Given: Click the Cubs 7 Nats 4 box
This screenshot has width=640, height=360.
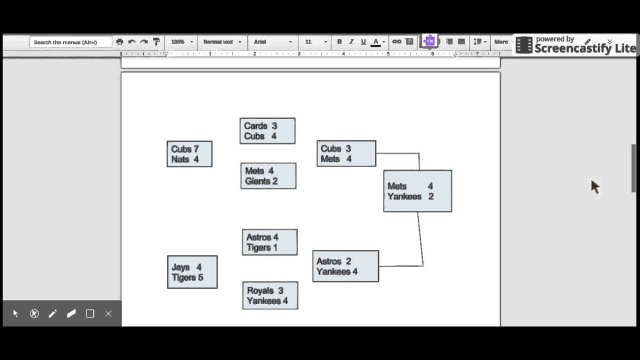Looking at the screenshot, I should point(189,154).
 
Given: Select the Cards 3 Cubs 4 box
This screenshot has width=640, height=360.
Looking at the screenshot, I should point(267,131).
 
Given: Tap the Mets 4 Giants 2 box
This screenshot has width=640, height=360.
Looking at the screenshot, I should point(268,176).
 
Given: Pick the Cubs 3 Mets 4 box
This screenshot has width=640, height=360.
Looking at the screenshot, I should point(346,153).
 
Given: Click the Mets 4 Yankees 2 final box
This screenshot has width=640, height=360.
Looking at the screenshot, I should point(417,191).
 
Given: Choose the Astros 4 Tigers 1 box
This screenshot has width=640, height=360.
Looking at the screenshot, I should point(269,242).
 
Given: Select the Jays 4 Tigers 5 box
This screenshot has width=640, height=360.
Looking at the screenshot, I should point(192,272).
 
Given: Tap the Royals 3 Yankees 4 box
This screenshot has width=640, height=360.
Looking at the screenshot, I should point(270,295).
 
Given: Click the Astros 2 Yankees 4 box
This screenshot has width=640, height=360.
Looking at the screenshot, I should point(345,266).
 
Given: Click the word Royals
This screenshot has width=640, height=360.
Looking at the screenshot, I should point(260,290).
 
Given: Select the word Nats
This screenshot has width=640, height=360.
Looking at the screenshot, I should point(180,159).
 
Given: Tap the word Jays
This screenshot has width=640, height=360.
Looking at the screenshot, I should point(180,267).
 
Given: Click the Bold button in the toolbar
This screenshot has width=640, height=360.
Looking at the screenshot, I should point(339,42).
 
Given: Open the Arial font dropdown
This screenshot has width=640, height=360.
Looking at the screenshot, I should point(272,42).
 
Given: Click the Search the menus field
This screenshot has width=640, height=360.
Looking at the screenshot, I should point(70,42).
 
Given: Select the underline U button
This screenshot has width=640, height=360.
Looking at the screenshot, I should point(363,42).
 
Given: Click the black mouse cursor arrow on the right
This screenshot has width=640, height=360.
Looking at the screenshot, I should point(594,186).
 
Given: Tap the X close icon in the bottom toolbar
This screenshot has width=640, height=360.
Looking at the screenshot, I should point(108,313).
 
